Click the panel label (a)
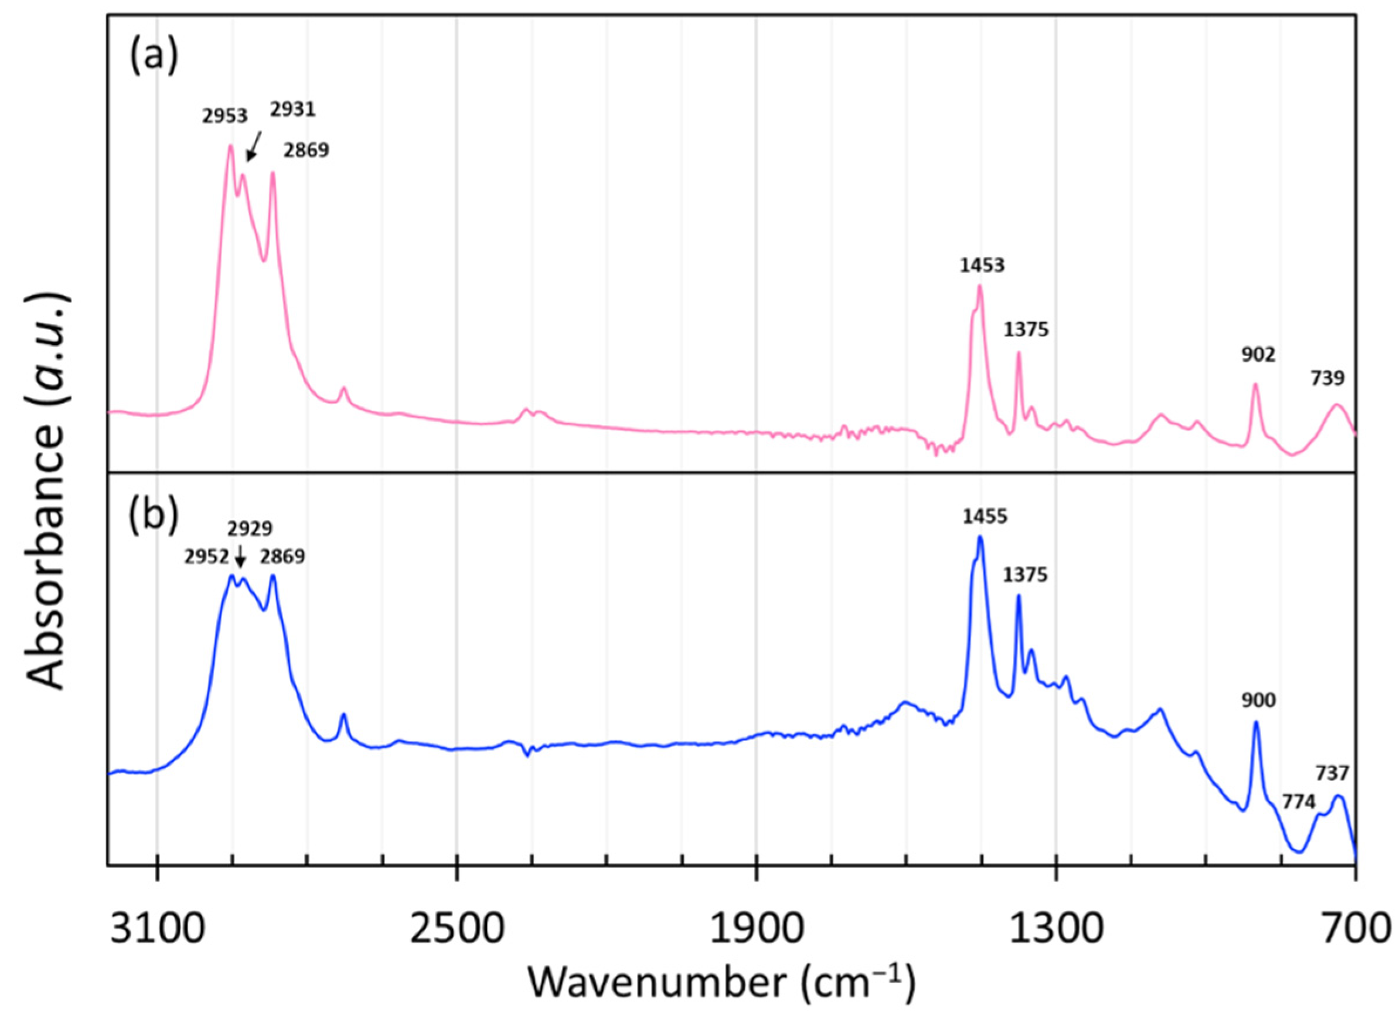point(154,57)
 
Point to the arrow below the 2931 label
point(253,146)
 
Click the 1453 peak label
point(982,266)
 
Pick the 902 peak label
point(1257,355)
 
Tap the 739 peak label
point(1327,378)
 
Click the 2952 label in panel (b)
point(207,557)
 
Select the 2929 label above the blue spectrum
point(250,529)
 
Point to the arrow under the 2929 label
point(241,558)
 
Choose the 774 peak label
point(1299,820)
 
